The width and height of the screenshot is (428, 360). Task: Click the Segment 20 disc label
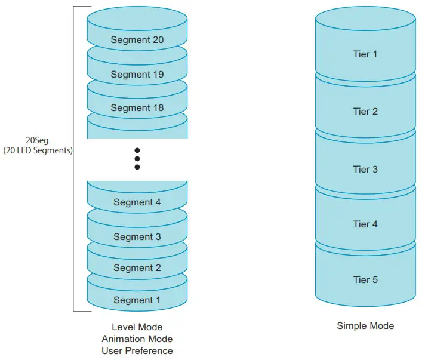pyautogui.click(x=137, y=41)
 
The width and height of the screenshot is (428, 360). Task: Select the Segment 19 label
pyautogui.click(x=137, y=75)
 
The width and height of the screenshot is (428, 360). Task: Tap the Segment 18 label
pyautogui.click(x=137, y=108)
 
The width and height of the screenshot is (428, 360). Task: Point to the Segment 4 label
pyautogui.click(x=137, y=202)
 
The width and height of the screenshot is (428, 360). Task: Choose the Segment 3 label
pyautogui.click(x=137, y=237)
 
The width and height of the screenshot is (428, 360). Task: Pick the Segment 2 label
pyautogui.click(x=137, y=268)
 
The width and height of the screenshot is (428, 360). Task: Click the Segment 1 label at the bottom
pyautogui.click(x=137, y=300)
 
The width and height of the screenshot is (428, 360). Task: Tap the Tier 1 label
pyautogui.click(x=365, y=54)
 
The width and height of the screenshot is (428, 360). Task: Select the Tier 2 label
pyautogui.click(x=365, y=112)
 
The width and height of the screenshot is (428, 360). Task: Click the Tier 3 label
pyautogui.click(x=365, y=170)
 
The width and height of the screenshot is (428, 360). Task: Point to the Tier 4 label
pyautogui.click(x=365, y=224)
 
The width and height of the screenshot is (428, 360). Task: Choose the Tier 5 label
pyautogui.click(x=365, y=279)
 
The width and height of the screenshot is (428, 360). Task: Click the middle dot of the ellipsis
pyautogui.click(x=137, y=159)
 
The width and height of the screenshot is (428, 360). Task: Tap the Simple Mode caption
pyautogui.click(x=365, y=326)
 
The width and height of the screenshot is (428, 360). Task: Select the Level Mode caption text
pyautogui.click(x=137, y=327)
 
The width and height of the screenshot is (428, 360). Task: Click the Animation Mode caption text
pyautogui.click(x=137, y=339)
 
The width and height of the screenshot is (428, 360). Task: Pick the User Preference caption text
pyautogui.click(x=137, y=351)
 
